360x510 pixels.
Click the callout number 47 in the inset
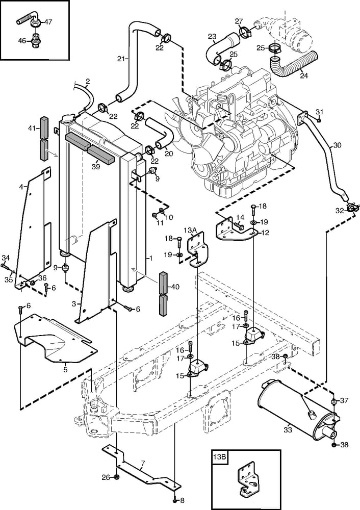tap(48, 21)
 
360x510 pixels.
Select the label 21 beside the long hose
tap(120, 59)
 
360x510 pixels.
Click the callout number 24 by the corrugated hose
tap(304, 76)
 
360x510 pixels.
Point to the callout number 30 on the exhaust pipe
tap(337, 145)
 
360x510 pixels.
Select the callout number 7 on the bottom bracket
tap(142, 463)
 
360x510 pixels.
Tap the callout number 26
tap(105, 477)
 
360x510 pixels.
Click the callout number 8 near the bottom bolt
tap(183, 501)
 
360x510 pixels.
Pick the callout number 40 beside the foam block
tap(175, 287)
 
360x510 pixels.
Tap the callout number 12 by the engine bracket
tap(265, 233)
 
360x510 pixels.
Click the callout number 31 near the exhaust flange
tap(319, 112)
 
